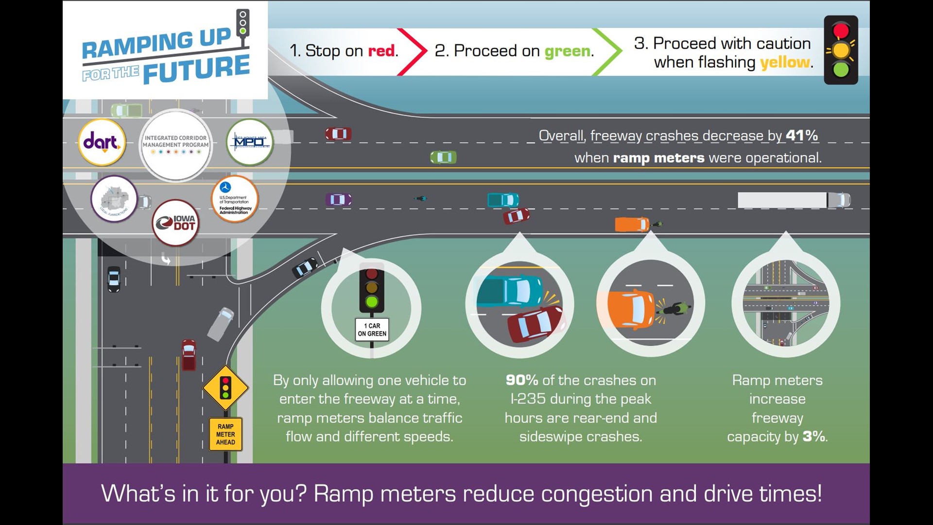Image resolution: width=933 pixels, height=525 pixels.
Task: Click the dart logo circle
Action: coord(102,142)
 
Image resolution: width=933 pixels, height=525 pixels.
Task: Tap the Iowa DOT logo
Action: coord(176,223)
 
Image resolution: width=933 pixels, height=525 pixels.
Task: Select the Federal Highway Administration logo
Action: coord(235,199)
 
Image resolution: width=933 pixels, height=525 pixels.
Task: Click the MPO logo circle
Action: coord(250,142)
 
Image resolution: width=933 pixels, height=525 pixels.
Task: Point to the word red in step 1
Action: coord(381,51)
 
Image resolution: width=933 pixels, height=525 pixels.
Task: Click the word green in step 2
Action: coord(567,51)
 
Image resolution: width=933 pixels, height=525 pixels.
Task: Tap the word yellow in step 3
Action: coord(784,63)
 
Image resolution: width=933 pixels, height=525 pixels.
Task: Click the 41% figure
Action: coord(801,135)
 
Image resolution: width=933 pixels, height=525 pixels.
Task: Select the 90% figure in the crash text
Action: coord(521,380)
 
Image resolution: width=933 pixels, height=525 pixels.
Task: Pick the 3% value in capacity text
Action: coord(813,436)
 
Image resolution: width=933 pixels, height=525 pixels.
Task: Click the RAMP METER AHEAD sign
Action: coord(225,434)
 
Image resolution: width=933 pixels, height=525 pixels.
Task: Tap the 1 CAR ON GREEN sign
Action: coord(372,330)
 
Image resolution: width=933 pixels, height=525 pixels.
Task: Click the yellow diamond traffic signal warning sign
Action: coord(225,387)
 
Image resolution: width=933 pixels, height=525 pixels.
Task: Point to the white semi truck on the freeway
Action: coord(793,200)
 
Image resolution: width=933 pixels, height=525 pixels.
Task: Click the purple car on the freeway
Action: coord(338,199)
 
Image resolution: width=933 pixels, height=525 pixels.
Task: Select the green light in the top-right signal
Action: coord(841,70)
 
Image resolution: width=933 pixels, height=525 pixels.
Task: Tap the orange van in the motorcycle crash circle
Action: coord(631,308)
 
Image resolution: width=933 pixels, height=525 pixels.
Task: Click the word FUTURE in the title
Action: coord(196,69)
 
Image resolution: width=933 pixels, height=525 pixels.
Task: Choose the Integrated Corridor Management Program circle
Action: coord(175,145)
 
